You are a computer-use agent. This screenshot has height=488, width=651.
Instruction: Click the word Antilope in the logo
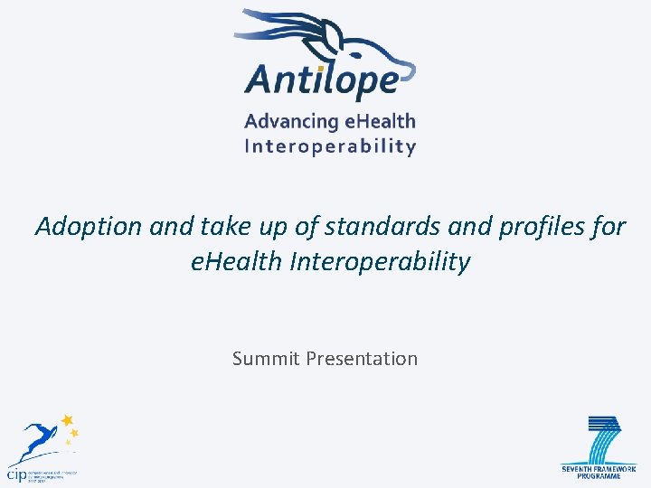[x=321, y=79]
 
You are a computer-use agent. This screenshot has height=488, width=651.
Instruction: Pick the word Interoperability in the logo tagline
[x=330, y=146]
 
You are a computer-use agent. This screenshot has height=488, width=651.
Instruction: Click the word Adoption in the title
[x=88, y=226]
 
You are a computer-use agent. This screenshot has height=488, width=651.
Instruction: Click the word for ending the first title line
[x=608, y=226]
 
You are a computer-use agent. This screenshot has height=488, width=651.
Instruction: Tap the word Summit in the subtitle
[x=266, y=359]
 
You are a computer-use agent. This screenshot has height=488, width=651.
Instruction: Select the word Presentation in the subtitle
[x=362, y=359]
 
